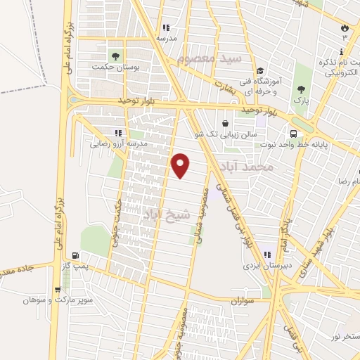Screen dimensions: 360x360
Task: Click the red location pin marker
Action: [181, 165]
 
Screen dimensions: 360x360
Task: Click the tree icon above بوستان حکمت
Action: [112, 55]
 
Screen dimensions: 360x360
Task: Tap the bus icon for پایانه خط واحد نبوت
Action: [293, 133]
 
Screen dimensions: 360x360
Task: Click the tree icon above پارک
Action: [301, 89]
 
